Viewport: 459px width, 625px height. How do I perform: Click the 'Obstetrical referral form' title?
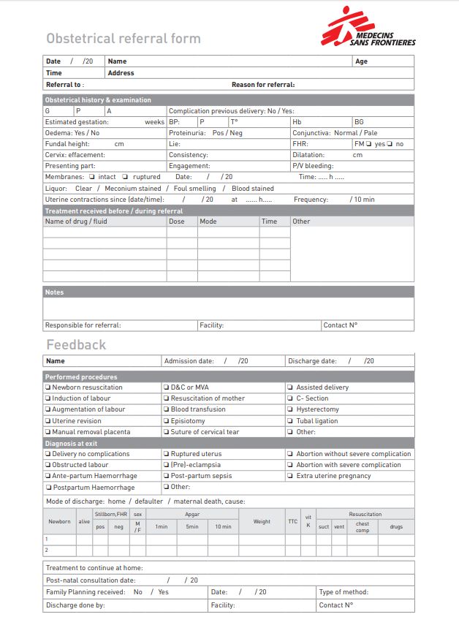123,39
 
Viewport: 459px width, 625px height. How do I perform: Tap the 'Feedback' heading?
76,344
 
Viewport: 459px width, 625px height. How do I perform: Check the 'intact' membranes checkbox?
92,177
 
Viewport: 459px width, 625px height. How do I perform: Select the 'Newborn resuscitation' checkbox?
48,387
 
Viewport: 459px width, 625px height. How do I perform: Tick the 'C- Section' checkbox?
290,398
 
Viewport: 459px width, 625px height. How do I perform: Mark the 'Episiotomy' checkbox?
166,421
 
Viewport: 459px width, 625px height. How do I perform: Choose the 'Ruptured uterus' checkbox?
166,454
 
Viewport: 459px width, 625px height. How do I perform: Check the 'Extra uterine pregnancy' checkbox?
290,476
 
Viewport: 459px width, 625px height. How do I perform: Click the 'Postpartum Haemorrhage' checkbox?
48,488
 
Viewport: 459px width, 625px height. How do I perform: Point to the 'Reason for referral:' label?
263,85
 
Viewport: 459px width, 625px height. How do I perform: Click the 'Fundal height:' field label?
67,144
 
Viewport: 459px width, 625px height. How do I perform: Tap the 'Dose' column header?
177,221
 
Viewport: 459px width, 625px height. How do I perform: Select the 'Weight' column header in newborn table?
262,522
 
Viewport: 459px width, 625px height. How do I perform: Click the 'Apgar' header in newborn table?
193,514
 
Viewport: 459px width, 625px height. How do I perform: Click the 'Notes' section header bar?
228,292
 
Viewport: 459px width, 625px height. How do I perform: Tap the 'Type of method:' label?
344,592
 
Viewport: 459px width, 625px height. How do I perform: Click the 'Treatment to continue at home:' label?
94,567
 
